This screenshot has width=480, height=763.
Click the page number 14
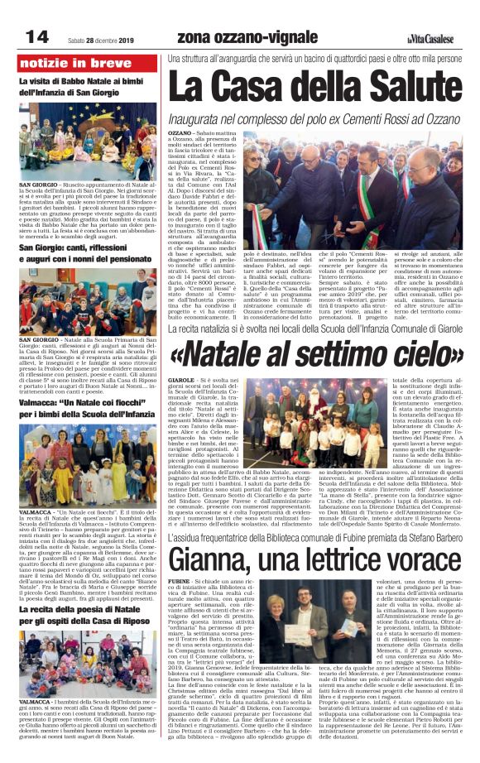pyautogui.click(x=36, y=36)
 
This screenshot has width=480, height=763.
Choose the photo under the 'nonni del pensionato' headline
pyautogui.click(x=90, y=302)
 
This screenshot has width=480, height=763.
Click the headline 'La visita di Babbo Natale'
pyautogui.click(x=87, y=82)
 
